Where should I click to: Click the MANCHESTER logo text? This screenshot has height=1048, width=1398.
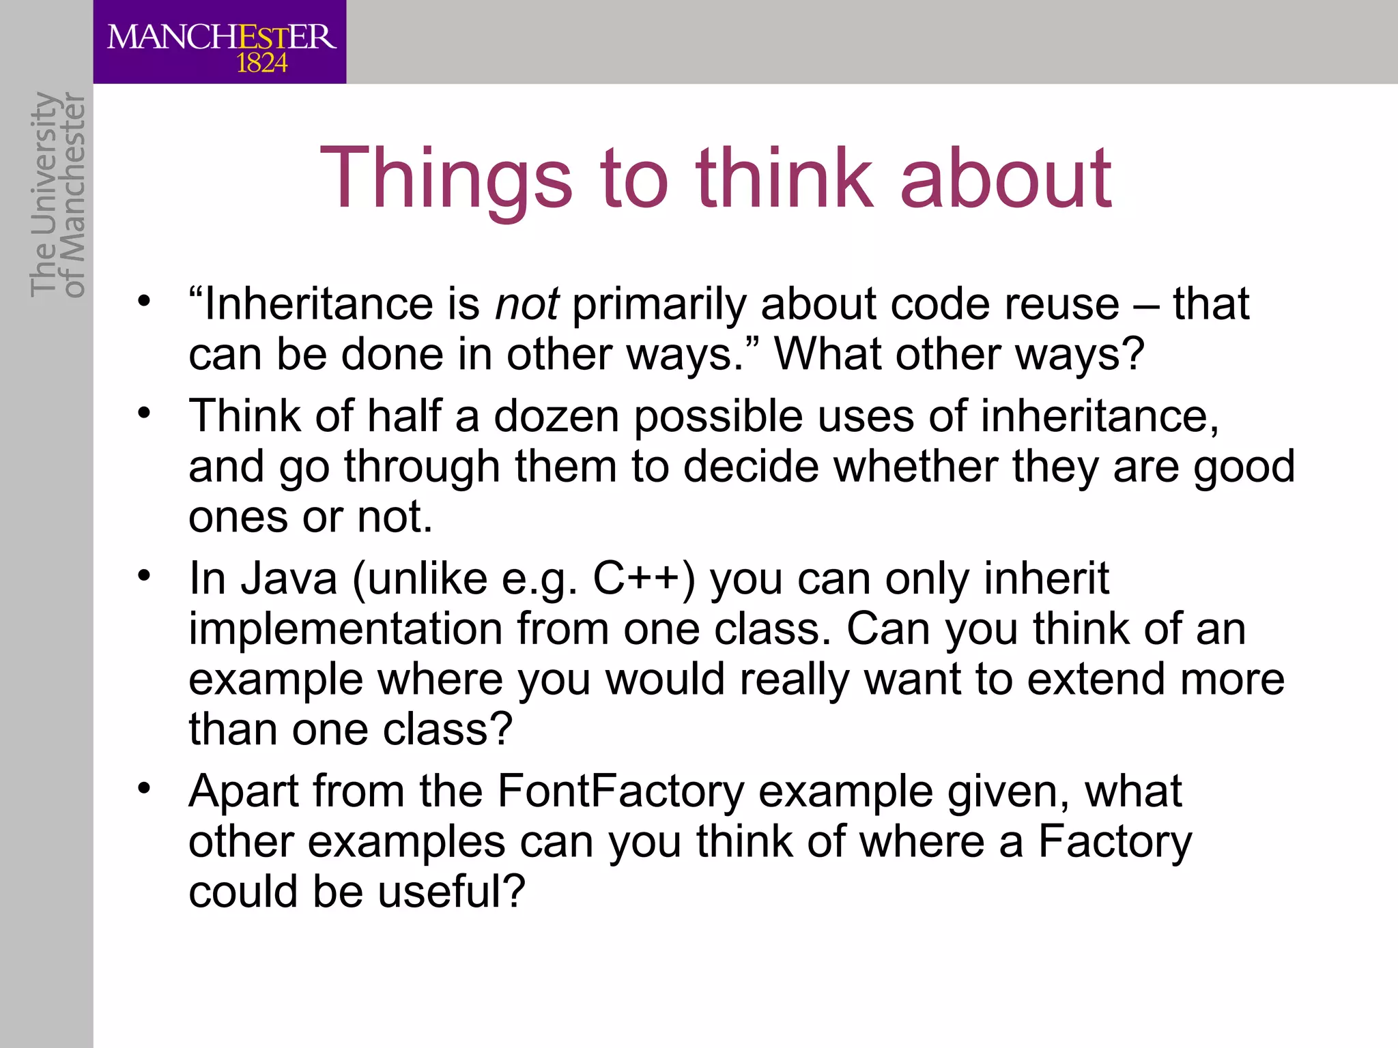[x=221, y=37]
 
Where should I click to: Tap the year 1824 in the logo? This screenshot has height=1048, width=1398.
[x=261, y=63]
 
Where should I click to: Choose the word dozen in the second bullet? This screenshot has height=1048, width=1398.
[x=556, y=416]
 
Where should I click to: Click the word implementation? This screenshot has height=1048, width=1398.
[x=345, y=628]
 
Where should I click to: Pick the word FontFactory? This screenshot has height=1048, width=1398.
[x=620, y=791]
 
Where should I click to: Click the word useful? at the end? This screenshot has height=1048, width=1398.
[x=451, y=892]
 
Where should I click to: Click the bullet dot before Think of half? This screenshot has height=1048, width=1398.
[x=143, y=413]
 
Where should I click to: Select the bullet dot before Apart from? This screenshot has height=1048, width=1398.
[x=143, y=789]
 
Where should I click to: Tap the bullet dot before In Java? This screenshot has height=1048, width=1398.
[x=143, y=576]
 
